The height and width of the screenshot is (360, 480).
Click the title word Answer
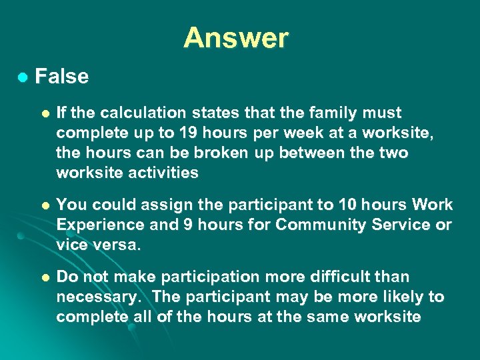(x=236, y=38)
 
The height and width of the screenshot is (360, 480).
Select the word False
(x=61, y=77)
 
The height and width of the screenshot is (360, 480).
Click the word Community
(x=319, y=225)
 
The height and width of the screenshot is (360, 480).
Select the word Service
(x=401, y=225)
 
